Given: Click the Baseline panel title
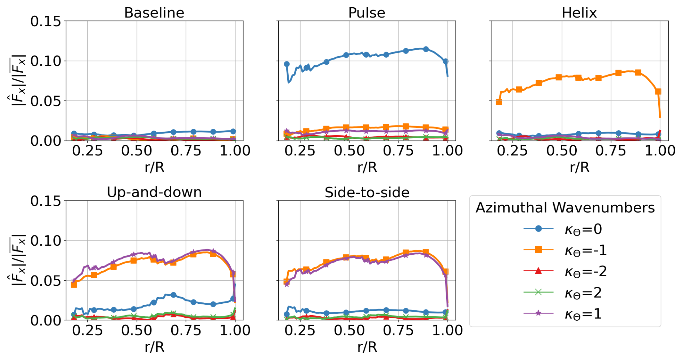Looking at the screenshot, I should click(x=154, y=13).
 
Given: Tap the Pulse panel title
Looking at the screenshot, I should click(x=367, y=13).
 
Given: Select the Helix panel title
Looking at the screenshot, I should click(x=579, y=13).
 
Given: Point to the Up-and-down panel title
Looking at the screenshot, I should click(x=154, y=192).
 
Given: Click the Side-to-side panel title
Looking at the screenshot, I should click(x=367, y=192).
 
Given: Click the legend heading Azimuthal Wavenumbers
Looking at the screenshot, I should click(x=565, y=208).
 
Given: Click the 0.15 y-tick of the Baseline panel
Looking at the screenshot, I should click(x=46, y=21).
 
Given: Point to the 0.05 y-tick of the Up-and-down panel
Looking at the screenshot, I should click(x=46, y=280).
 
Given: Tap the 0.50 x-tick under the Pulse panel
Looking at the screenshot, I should click(x=349, y=150).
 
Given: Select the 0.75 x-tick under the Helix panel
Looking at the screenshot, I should click(x=611, y=150).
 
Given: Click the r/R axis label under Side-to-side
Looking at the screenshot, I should click(x=367, y=347).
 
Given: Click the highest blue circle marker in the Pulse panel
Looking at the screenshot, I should click(x=426, y=49).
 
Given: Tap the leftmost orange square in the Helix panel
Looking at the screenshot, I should click(x=499, y=102).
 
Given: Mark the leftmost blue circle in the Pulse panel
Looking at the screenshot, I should click(x=287, y=64).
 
